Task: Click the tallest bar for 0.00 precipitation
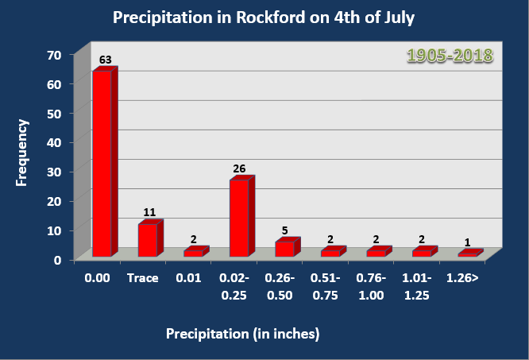pyautogui.click(x=102, y=163)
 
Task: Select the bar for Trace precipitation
pyautogui.click(x=148, y=240)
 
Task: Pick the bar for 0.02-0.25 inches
pyautogui.click(x=239, y=218)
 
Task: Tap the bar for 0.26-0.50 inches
pyautogui.click(x=284, y=249)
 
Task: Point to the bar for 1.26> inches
pyautogui.click(x=467, y=254)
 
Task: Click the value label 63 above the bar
pyautogui.click(x=105, y=60)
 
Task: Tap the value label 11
pyautogui.click(x=149, y=213)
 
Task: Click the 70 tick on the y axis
pyautogui.click(x=54, y=55)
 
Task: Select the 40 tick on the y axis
pyautogui.click(x=54, y=143)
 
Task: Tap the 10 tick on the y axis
pyautogui.click(x=54, y=230)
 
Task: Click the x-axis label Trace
pyautogui.click(x=143, y=279)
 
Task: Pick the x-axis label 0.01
pyautogui.click(x=189, y=279)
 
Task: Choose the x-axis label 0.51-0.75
pyautogui.click(x=326, y=287)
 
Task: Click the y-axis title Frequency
pyautogui.click(x=22, y=153)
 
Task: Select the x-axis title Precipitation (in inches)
pyautogui.click(x=242, y=334)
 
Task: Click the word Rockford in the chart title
pyautogui.click(x=268, y=17)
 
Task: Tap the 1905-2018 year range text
pyautogui.click(x=450, y=56)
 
